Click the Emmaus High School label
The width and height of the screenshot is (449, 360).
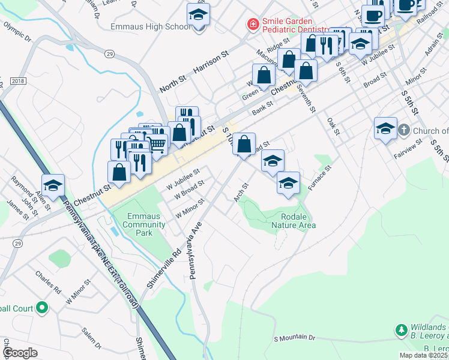151,27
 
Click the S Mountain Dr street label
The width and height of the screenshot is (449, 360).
294,338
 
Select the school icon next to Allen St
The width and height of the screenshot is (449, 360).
53,186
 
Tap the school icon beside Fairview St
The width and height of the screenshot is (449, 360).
385,128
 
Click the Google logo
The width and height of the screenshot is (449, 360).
20,353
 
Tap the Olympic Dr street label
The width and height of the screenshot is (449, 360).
17,32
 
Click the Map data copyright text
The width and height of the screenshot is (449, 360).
424,355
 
